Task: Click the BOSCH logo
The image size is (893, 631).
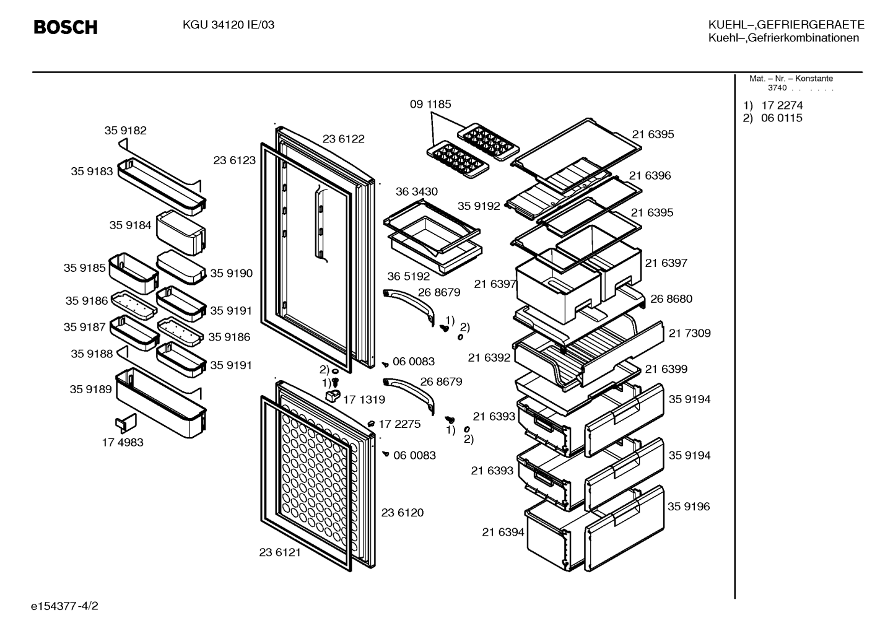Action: point(66,27)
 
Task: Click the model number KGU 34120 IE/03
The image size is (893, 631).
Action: point(229,25)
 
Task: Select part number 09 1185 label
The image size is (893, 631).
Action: point(430,104)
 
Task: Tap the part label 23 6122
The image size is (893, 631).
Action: point(343,139)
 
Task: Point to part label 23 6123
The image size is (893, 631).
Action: point(235,160)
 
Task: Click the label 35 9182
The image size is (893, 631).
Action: point(126,130)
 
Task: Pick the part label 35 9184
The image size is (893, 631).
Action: point(131,225)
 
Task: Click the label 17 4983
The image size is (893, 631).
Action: point(123,443)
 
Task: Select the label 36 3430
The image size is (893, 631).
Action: point(417,191)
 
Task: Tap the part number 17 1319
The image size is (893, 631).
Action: point(364,399)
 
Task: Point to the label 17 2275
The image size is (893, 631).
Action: point(399,424)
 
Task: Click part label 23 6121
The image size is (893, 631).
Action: point(280,552)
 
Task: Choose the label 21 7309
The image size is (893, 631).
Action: point(690,333)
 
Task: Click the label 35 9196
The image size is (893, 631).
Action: point(689,507)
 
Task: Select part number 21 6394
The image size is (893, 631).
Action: point(503,532)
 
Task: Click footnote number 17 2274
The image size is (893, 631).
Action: point(782,105)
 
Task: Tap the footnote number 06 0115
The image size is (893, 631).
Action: point(782,118)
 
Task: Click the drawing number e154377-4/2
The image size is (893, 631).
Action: point(64,606)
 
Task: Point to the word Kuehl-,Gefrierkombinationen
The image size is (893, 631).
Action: point(784,38)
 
